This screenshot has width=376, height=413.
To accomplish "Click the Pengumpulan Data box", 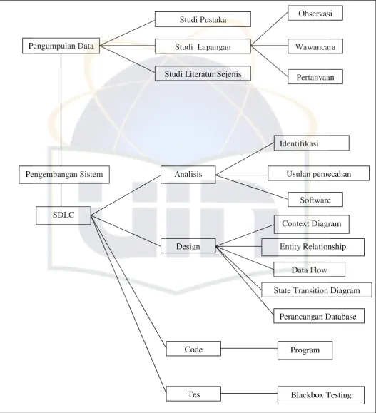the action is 61,46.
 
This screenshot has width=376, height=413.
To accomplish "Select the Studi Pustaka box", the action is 203,19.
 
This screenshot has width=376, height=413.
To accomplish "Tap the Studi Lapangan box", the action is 203,46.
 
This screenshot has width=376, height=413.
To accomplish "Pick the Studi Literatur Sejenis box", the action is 203,73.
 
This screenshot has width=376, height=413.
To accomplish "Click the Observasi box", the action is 315,13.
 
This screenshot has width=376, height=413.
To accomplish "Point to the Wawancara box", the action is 315,46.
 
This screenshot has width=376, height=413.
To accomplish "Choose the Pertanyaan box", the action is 315,76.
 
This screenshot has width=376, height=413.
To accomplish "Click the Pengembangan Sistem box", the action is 64,175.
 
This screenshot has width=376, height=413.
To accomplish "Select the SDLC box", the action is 63,215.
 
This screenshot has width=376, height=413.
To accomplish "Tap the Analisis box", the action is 188,175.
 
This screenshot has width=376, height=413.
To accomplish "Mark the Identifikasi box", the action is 312,143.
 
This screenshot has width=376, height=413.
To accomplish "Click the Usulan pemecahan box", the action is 318,173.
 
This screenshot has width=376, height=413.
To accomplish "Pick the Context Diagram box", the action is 312,224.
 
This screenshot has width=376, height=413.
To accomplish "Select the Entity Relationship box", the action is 313,247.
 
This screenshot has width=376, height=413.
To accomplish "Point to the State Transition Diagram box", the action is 317,290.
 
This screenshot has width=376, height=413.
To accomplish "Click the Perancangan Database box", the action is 319,316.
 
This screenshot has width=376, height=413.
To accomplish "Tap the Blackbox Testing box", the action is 321,395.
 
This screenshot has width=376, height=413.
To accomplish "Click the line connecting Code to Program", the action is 249,348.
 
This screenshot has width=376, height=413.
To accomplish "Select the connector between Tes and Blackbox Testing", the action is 249,394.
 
